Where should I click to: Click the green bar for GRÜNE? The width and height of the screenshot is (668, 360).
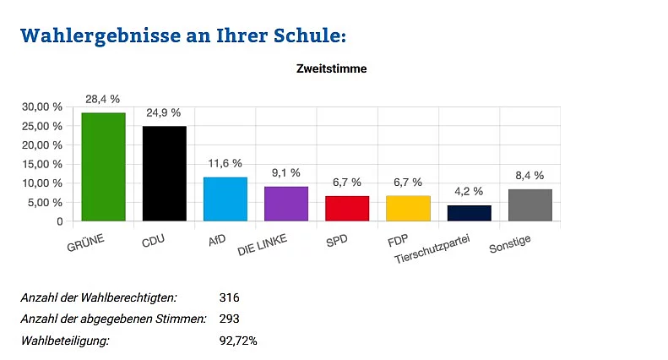tap(103, 167)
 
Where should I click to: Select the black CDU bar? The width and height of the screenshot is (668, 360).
tap(164, 174)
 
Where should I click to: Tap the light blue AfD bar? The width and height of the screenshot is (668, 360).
tap(225, 199)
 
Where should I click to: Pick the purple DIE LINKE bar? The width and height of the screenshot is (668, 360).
tap(286, 204)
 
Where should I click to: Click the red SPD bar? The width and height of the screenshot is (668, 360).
tap(347, 209)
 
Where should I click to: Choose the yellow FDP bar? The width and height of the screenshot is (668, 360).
tap(408, 209)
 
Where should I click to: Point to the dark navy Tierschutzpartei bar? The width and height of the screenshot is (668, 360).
tap(469, 213)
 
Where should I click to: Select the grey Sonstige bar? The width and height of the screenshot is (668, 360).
tap(530, 205)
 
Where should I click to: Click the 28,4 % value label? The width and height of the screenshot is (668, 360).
tap(103, 100)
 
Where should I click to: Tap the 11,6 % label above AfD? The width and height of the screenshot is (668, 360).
tap(225, 163)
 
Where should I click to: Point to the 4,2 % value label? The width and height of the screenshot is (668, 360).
tap(469, 192)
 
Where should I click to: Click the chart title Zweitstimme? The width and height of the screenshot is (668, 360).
tap(332, 69)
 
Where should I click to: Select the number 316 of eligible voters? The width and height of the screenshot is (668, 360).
tap(230, 297)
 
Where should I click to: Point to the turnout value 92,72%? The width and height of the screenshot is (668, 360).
tap(238, 341)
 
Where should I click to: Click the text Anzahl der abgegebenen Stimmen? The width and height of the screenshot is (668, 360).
tap(114, 319)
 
